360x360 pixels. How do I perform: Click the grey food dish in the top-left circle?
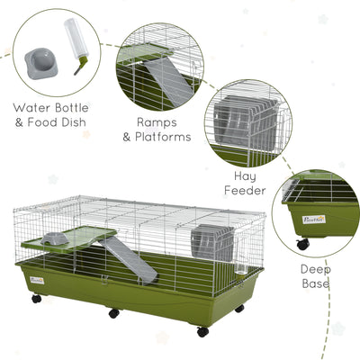click(41, 63)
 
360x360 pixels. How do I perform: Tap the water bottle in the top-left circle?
click(76, 46)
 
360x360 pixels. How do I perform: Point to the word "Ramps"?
click(157, 122)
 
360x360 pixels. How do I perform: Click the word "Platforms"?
click(163, 137)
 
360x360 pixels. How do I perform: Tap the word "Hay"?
click(245, 176)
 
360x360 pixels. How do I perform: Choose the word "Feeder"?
click(245, 190)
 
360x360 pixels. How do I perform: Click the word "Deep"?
click(316, 270)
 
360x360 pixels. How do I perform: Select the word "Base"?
click(316, 283)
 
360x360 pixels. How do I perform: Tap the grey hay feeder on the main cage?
click(212, 242)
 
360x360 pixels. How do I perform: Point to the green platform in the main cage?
click(69, 239)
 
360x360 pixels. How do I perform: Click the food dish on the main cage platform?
click(55, 238)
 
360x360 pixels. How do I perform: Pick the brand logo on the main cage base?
click(37, 281)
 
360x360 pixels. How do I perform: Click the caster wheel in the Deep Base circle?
click(303, 244)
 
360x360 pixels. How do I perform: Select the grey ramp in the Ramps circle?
click(169, 81)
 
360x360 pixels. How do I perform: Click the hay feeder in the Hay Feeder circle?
click(246, 118)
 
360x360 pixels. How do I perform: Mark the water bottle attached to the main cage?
click(240, 257)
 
